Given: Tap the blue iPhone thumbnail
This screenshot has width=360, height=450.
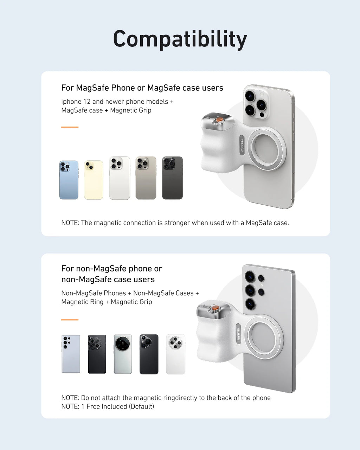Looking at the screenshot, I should (69, 180).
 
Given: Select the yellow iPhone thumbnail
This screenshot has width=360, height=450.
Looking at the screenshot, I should (94, 180).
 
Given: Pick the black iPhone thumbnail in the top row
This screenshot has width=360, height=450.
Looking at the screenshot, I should (172, 178).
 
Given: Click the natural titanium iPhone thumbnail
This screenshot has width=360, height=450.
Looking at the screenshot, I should (146, 178).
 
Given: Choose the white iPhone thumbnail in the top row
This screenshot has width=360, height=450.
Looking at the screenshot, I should (120, 178).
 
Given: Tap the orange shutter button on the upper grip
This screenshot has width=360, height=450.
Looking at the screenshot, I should (219, 120).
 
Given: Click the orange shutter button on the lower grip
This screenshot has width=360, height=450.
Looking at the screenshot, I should (215, 309).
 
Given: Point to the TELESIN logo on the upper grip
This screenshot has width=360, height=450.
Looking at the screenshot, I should (242, 144).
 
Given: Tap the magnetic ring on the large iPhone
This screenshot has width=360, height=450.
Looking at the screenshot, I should (267, 149).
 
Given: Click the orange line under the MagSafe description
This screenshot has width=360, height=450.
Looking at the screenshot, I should (70, 127).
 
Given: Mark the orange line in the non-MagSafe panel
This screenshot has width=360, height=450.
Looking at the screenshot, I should (70, 320).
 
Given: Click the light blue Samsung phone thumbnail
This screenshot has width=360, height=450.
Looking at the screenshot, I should (71, 354).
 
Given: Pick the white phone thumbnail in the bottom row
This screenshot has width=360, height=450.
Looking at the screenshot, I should (175, 354).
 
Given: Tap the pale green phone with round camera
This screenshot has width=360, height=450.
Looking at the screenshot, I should (123, 354).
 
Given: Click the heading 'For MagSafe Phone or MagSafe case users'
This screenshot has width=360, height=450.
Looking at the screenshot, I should (142, 88).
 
